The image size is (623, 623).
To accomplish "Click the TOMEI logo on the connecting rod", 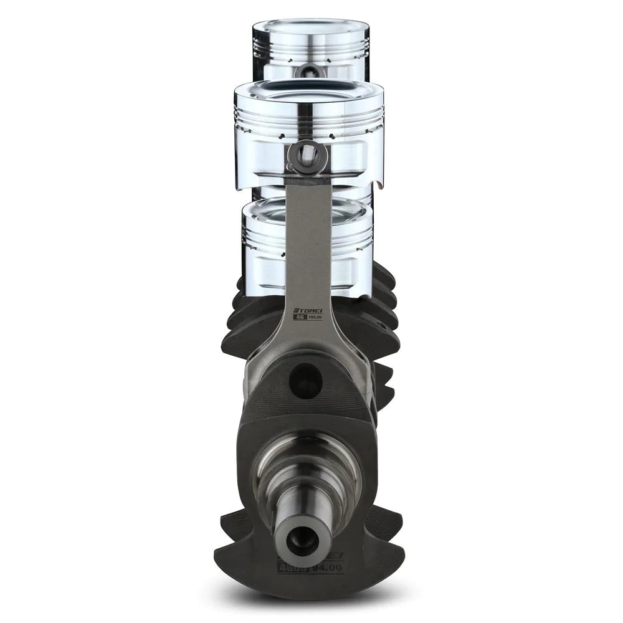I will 308,309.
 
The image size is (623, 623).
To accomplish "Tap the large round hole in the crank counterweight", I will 305,380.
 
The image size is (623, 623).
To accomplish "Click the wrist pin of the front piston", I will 307,151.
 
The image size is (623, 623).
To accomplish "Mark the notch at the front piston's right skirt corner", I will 379,183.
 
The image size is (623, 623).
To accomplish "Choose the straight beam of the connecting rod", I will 308,243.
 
